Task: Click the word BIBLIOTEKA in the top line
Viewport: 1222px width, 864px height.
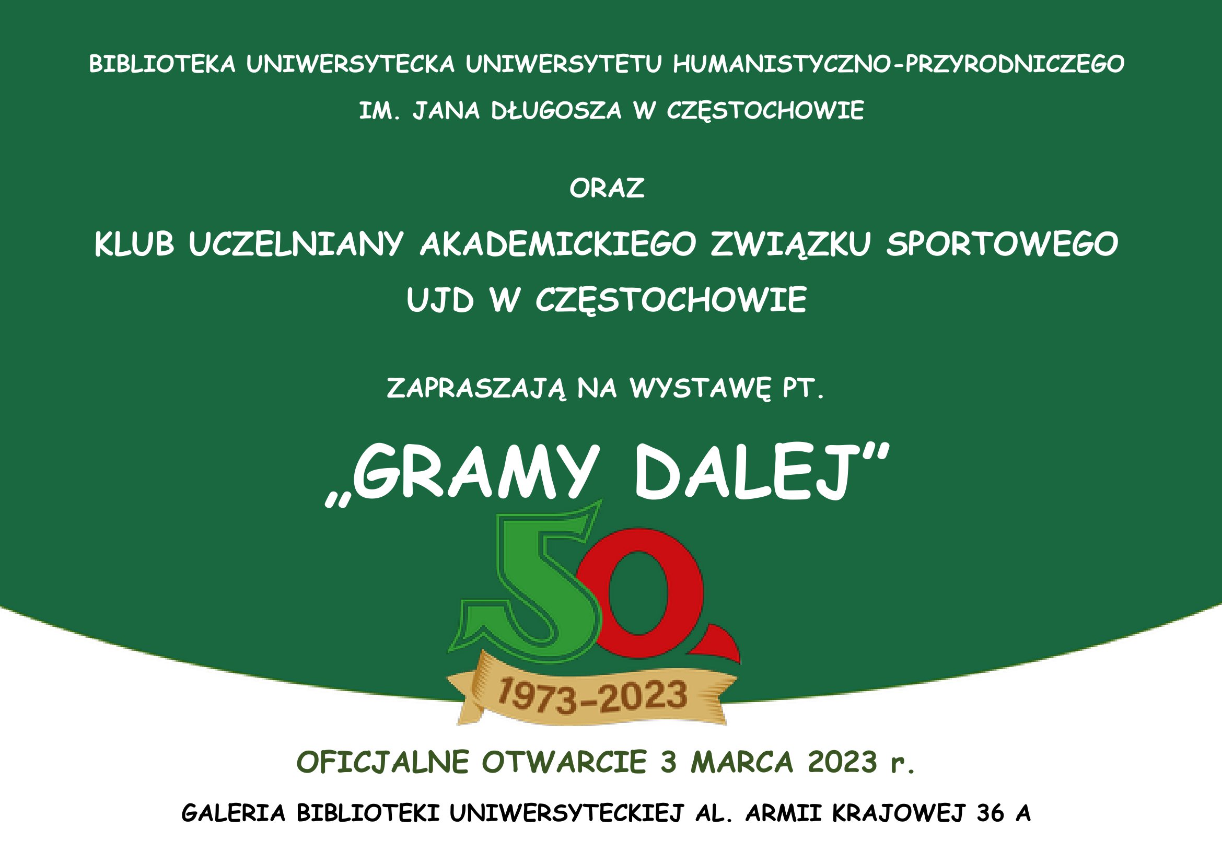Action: pyautogui.click(x=162, y=64)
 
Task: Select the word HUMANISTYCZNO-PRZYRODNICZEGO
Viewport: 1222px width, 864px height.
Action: pyautogui.click(x=899, y=64)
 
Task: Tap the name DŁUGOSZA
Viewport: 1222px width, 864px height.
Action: pyautogui.click(x=556, y=111)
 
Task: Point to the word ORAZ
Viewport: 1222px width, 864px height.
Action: pyautogui.click(x=607, y=188)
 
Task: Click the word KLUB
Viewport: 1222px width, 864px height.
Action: pyautogui.click(x=134, y=244)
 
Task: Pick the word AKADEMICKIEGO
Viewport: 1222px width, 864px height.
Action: pyautogui.click(x=558, y=244)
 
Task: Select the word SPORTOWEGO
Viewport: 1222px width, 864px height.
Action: pyautogui.click(x=1002, y=244)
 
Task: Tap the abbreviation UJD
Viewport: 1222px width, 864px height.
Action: pyautogui.click(x=439, y=299)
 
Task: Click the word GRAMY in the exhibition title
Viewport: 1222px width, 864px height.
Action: pyautogui.click(x=476, y=473)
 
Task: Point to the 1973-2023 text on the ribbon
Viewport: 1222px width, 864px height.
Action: pyautogui.click(x=592, y=696)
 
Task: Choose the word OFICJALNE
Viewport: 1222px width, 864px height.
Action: pyautogui.click(x=383, y=762)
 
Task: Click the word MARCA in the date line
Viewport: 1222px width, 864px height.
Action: pyautogui.click(x=742, y=762)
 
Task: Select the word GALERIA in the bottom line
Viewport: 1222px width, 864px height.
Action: pyautogui.click(x=234, y=813)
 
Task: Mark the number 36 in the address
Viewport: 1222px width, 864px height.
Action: pyautogui.click(x=991, y=813)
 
